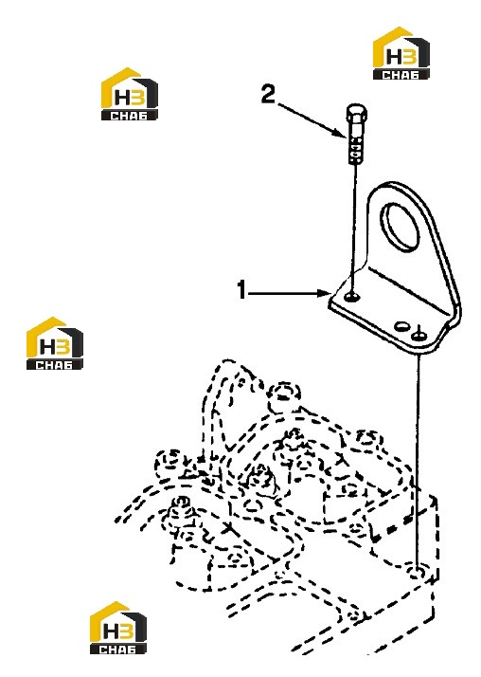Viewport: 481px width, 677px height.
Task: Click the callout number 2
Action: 268,94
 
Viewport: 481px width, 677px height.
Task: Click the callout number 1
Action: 241,289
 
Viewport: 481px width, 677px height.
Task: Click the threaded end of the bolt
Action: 356,150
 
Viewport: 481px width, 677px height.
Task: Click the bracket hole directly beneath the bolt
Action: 353,297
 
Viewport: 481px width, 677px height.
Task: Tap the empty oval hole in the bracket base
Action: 402,325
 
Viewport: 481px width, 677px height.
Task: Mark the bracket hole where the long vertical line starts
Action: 419,334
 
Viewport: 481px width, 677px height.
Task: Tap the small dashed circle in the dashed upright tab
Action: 241,382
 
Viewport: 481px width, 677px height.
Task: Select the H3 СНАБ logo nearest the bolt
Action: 401,53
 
